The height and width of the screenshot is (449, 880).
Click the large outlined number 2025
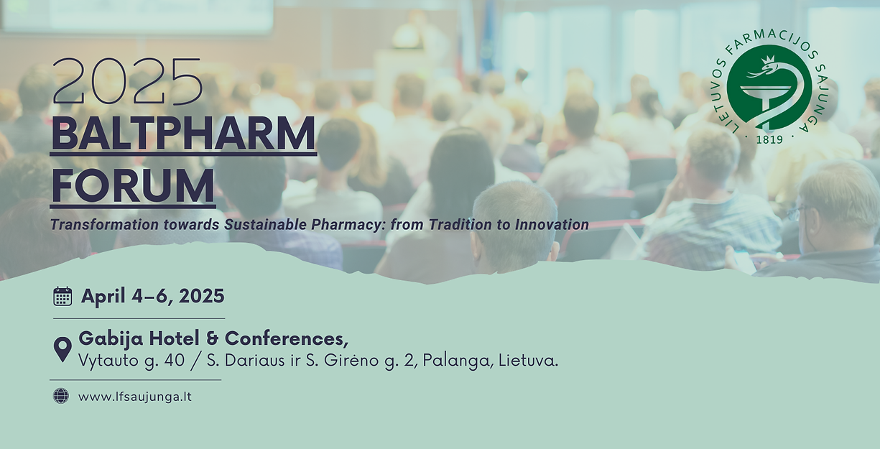pyautogui.click(x=127, y=82)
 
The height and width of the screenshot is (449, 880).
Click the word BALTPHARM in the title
pyautogui.click(x=183, y=134)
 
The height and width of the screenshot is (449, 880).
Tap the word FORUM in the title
pyautogui.click(x=133, y=185)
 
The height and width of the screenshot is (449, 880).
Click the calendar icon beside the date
pyautogui.click(x=62, y=296)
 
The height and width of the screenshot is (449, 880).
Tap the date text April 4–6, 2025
pyautogui.click(x=153, y=296)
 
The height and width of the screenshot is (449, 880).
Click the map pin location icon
pyautogui.click(x=62, y=349)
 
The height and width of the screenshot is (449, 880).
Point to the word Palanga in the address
pyautogui.click(x=455, y=361)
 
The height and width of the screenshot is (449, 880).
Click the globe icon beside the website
pyautogui.click(x=61, y=396)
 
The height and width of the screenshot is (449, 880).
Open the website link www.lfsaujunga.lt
pyautogui.click(x=135, y=397)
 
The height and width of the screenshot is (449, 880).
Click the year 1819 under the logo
pyautogui.click(x=769, y=139)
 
